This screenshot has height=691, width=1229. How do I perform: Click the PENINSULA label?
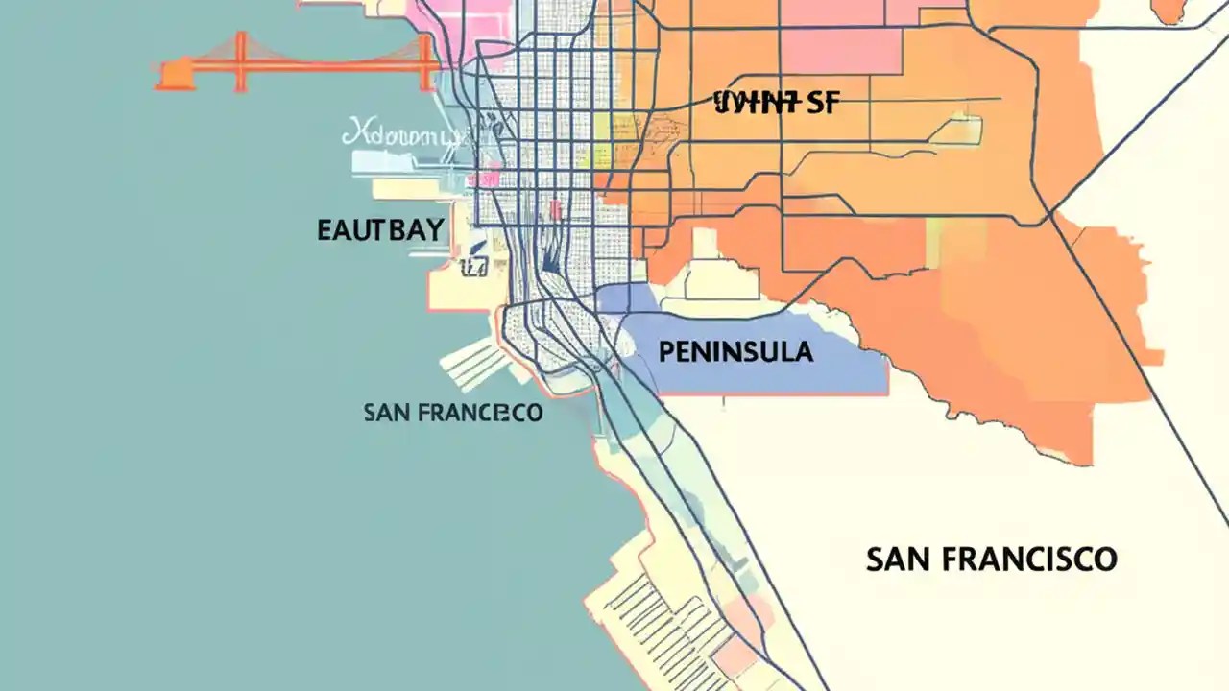pos(735,352)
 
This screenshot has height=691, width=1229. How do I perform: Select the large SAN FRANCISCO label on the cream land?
pos(991,559)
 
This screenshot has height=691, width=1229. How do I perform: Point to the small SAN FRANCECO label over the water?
pos(453,413)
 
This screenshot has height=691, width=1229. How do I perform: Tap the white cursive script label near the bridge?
pos(401,135)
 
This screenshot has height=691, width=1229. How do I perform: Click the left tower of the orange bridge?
pos(239,62)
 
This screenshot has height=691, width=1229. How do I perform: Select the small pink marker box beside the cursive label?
pos(494,178)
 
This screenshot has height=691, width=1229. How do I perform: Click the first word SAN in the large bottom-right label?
pos(899,559)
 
